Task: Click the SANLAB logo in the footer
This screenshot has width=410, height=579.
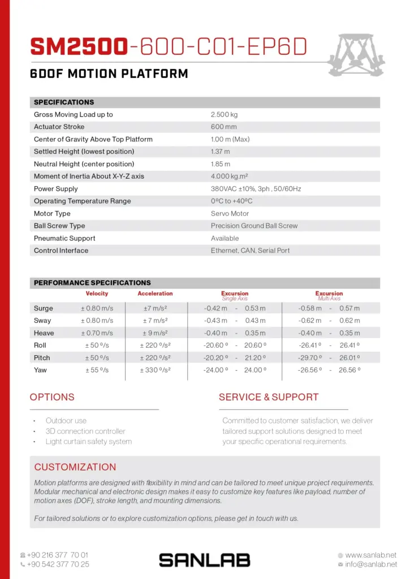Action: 204,560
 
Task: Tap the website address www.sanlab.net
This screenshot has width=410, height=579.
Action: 370,555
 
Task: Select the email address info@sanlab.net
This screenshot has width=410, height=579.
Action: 370,564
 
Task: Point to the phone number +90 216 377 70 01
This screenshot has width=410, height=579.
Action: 58,555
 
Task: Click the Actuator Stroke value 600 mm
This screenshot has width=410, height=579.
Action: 224,127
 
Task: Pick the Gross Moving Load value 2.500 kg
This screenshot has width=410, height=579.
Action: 225,114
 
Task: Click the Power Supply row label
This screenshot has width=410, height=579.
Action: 56,189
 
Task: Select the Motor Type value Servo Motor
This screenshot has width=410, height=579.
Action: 230,214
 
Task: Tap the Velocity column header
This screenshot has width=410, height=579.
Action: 97,293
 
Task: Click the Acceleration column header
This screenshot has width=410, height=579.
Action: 155,293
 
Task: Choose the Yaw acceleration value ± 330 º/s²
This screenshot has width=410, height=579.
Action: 155,370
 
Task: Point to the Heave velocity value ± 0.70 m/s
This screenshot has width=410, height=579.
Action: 97,333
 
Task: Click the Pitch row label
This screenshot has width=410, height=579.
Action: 42,358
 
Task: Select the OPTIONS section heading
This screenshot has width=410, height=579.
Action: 52,397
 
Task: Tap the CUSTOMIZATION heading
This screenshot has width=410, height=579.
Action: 75,467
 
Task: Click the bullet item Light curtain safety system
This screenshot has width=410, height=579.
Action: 89,442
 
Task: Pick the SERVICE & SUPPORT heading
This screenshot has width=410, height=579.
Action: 269,397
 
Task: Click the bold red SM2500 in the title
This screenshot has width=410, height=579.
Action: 78,47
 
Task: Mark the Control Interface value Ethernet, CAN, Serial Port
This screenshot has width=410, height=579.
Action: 251,250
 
